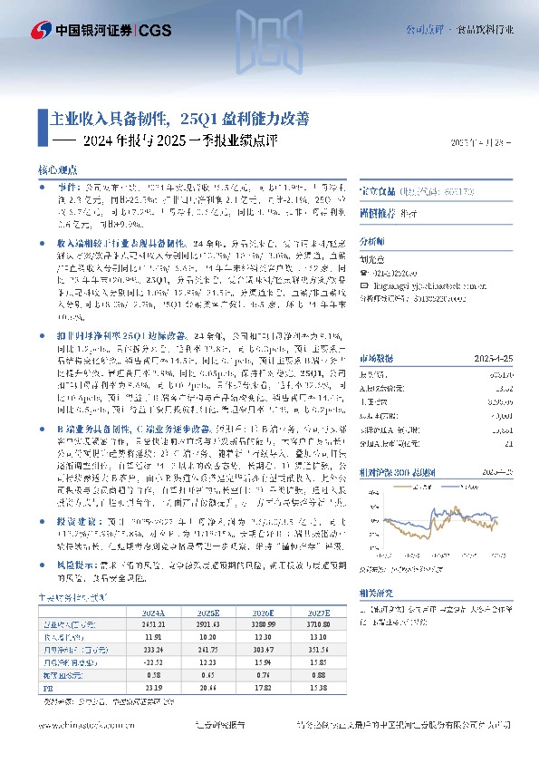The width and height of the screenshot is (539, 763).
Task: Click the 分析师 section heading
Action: (x=372, y=243)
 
